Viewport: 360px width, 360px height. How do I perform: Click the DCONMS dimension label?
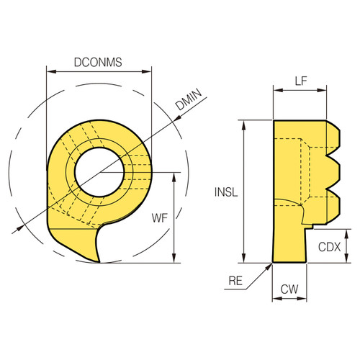tap(98, 62)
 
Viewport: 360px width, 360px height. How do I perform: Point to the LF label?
tap(303, 82)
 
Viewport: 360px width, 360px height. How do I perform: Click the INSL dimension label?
tap(225, 192)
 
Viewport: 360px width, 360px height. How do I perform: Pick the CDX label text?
tap(329, 246)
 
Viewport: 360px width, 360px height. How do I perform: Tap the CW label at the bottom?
tap(289, 289)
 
